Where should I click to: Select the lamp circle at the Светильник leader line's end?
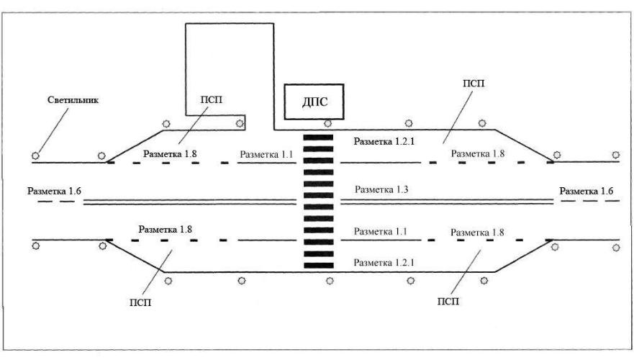click(x=35, y=155)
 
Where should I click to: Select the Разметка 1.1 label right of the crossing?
click(x=381, y=232)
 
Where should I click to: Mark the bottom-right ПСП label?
click(x=447, y=299)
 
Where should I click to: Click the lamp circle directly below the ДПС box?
click(x=328, y=124)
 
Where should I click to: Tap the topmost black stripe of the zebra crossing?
click(x=318, y=137)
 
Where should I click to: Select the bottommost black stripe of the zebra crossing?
click(x=318, y=265)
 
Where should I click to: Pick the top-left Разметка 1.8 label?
click(x=171, y=154)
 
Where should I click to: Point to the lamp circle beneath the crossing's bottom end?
click(x=329, y=280)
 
